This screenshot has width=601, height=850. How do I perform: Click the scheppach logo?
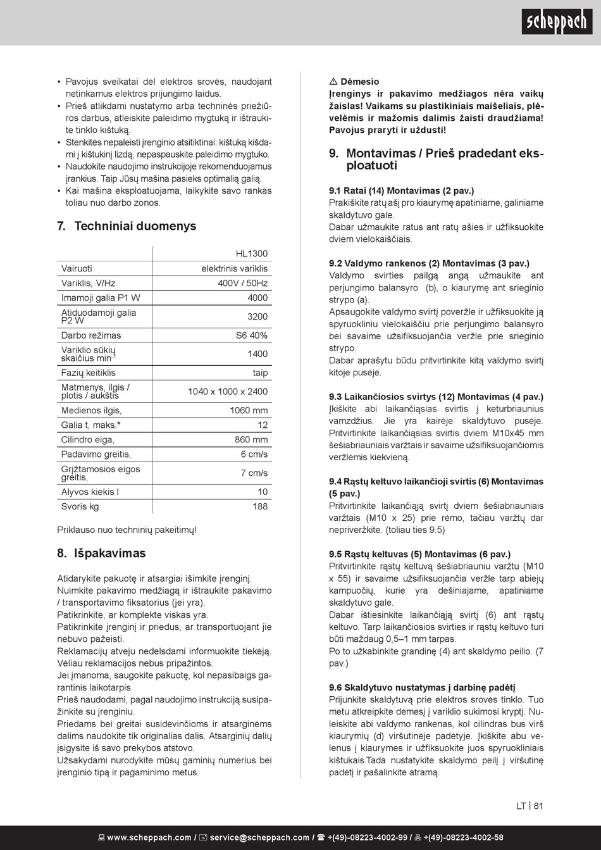[x=557, y=23]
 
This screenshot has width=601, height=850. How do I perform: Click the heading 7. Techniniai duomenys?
[x=127, y=226]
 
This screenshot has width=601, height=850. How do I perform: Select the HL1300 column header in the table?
[x=251, y=254]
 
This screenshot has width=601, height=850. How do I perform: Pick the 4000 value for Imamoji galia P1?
[x=257, y=298]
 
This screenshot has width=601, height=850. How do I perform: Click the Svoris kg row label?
[x=80, y=506]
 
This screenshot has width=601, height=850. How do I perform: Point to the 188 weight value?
[x=260, y=506]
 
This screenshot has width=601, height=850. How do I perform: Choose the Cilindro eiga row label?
[x=87, y=440]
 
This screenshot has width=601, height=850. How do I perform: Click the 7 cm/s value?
[x=254, y=473]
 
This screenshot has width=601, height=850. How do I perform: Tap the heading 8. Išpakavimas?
[x=101, y=553]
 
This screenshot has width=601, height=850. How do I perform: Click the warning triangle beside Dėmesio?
[x=333, y=82]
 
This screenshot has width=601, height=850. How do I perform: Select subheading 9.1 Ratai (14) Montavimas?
[x=401, y=191]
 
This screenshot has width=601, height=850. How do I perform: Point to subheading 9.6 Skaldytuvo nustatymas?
[x=422, y=687]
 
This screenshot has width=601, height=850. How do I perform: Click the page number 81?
[x=538, y=806]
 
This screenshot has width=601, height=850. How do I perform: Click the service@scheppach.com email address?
[x=259, y=837]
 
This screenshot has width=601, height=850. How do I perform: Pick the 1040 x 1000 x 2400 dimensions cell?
[x=227, y=392]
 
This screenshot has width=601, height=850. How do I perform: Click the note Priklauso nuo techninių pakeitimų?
[x=127, y=530]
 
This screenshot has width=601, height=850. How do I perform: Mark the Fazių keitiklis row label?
[x=89, y=373]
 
